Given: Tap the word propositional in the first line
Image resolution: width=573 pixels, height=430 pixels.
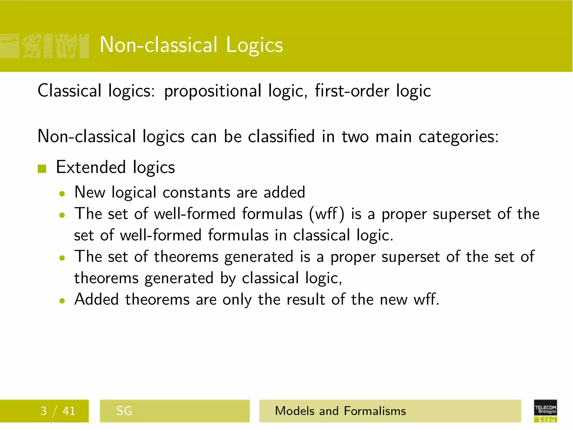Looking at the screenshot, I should point(213,91).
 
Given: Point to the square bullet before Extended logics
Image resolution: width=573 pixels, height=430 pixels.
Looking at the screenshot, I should point(42,169).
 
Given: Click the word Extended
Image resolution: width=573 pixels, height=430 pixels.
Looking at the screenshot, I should point(91,167).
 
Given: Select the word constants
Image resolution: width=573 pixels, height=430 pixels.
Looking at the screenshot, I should point(196,193).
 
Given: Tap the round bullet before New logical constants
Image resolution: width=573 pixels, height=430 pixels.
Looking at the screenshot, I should point(62,194).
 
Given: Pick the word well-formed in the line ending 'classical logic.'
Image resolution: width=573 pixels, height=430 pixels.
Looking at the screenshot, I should point(161,235).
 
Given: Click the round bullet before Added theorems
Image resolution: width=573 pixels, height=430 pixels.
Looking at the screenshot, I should point(62,301).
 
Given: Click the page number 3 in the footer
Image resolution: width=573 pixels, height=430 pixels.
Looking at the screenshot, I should point(43,411).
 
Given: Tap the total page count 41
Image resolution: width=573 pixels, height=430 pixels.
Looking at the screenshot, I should point(69,411).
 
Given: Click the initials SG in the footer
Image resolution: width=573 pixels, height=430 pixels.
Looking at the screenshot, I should point(124,411).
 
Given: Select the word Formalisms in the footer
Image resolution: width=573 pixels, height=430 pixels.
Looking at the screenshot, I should point(375,411).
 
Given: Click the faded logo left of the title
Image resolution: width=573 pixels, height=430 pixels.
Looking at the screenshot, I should point(45,46).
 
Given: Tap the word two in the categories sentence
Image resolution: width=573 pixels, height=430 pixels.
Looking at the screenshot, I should point(355,137).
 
